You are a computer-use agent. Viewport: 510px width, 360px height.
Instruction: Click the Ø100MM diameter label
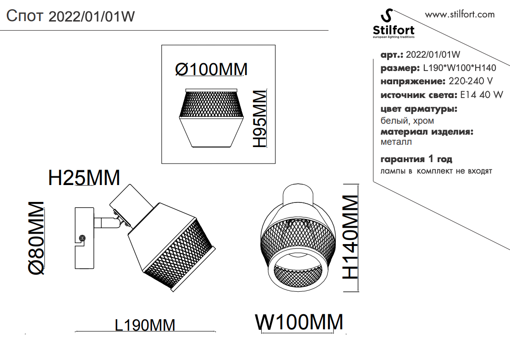point(211,69)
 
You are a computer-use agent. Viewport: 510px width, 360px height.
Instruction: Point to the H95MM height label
point(259,119)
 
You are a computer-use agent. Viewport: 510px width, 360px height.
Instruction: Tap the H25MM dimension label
point(84,178)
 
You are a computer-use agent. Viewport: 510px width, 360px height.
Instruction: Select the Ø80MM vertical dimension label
point(37,238)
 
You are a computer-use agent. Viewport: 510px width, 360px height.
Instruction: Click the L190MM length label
point(145,325)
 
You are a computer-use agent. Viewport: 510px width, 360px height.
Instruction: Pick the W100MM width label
point(299,322)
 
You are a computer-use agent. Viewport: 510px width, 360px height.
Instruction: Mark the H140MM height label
point(350,237)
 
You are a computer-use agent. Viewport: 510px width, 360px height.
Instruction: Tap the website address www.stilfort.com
point(460,14)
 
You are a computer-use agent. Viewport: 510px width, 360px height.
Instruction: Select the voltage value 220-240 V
point(471,82)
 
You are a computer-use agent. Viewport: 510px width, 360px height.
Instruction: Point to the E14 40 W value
point(481,95)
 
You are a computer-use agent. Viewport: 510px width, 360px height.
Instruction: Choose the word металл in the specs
point(396,142)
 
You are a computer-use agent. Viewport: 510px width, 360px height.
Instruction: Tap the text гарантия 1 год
point(416,159)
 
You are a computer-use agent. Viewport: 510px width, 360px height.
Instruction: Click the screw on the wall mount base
point(82,238)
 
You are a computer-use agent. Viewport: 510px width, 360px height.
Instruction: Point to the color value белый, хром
point(407,121)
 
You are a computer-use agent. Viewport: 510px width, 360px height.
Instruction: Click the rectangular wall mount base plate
point(84,238)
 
